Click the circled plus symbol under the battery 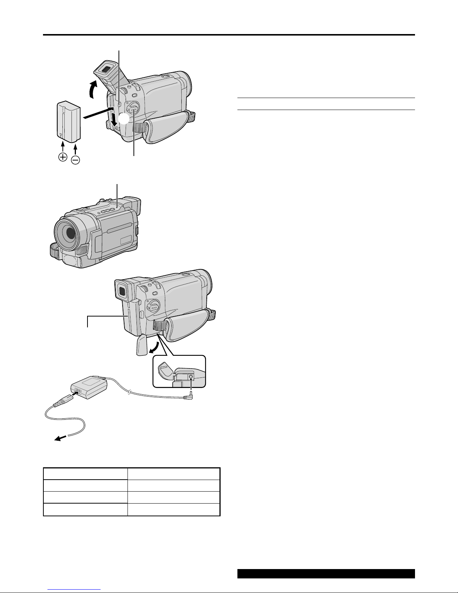(x=63, y=157)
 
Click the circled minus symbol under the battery (x=75, y=160)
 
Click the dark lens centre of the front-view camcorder (x=70, y=233)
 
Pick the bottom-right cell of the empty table (x=173, y=510)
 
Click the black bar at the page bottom (x=326, y=574)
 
